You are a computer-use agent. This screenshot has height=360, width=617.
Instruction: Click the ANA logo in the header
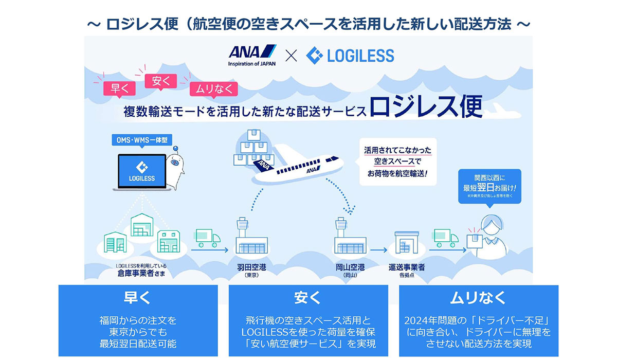tap(252, 56)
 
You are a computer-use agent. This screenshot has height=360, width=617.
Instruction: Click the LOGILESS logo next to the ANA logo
tap(350, 55)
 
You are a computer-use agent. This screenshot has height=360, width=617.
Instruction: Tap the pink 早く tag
tap(116, 88)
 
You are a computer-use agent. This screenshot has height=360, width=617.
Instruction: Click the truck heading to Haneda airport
tap(208, 238)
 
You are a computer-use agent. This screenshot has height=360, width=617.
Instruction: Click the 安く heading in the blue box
tap(308, 298)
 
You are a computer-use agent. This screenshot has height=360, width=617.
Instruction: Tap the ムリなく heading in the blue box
tap(478, 298)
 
